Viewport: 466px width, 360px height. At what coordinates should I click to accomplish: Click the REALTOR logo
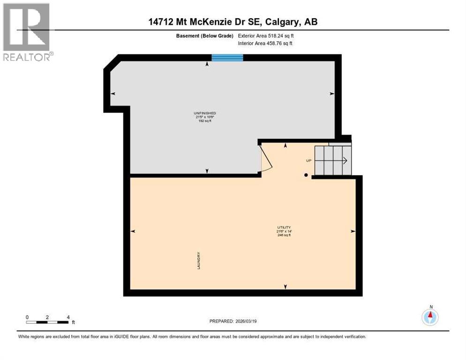pos(27,31)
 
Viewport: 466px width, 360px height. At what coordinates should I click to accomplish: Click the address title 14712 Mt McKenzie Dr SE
pos(233,22)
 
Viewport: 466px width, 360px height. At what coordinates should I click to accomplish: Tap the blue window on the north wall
pos(227,58)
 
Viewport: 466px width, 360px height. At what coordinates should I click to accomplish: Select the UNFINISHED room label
pos(205,113)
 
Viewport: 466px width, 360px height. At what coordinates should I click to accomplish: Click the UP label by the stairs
pos(308,160)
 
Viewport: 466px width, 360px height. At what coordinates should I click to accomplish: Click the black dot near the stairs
pos(306,175)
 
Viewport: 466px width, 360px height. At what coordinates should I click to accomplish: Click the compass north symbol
pos(430,316)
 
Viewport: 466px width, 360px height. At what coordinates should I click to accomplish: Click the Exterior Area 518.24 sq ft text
pos(266,36)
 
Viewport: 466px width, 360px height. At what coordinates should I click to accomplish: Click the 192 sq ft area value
pos(205,121)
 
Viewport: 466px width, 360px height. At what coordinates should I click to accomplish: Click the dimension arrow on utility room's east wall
pos(353,231)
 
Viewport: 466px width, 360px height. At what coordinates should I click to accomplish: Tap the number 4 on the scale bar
pos(68,317)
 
